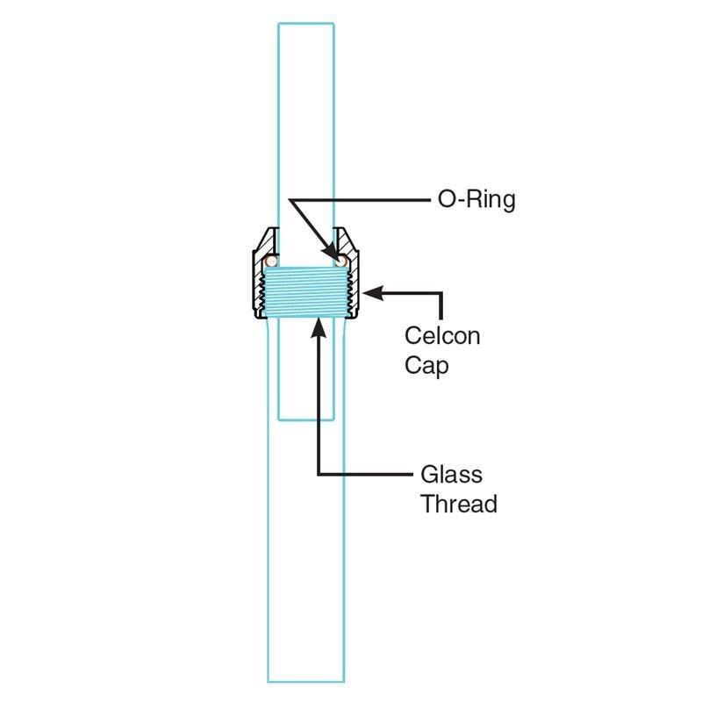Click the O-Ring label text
[x=476, y=200]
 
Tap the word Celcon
[x=442, y=336]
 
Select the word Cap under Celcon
[x=426, y=366]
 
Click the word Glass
[x=451, y=475]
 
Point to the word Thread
[x=459, y=504]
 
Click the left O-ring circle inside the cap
[x=271, y=261]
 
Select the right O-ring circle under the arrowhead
[x=341, y=261]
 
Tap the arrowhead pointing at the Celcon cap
[x=372, y=293]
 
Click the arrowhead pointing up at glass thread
[x=319, y=327]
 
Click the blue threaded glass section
[x=306, y=292]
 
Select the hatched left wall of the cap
[x=261, y=274]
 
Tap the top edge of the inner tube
[x=306, y=24]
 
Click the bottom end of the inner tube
[x=306, y=420]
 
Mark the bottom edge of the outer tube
[x=306, y=682]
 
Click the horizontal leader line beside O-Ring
[x=360, y=200]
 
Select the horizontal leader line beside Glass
[x=365, y=474]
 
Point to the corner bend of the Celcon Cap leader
[x=441, y=294]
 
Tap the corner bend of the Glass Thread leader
[x=319, y=474]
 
